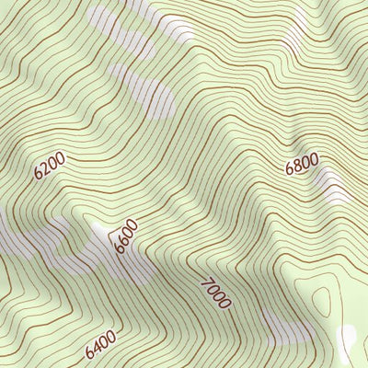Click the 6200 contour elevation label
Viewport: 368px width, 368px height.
click(51, 165)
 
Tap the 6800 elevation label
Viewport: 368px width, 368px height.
click(302, 165)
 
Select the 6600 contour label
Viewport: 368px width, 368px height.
click(126, 236)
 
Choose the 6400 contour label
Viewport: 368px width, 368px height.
click(100, 346)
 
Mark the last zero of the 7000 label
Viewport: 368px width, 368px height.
click(224, 303)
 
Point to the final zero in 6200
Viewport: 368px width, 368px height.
click(62, 158)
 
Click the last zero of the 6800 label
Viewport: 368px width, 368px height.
click(315, 159)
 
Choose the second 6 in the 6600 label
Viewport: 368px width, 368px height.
click(124, 239)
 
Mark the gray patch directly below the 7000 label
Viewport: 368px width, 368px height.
click(276, 327)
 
